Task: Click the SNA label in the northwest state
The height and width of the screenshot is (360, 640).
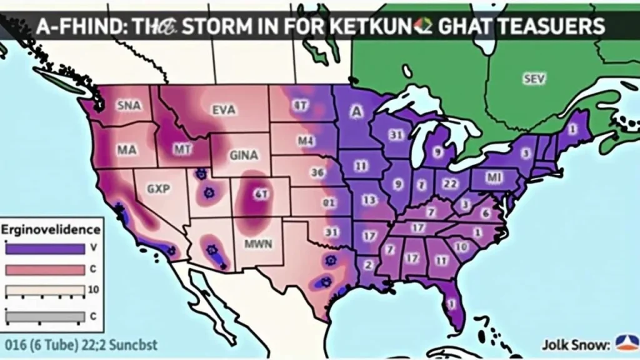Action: click(129, 106)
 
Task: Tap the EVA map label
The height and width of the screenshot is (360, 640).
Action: click(224, 110)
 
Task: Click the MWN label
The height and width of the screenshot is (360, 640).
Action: click(258, 244)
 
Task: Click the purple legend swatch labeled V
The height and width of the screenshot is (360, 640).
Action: click(44, 248)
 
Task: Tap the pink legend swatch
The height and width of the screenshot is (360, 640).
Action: click(44, 269)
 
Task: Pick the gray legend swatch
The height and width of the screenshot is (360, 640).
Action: click(44, 316)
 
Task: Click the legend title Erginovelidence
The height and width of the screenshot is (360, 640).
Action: click(51, 229)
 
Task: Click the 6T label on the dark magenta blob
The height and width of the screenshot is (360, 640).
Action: click(259, 194)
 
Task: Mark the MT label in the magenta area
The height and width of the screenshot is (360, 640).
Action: click(182, 149)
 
